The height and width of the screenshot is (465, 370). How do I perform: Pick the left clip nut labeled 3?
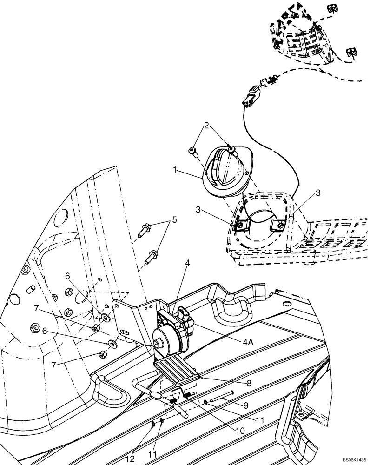click(x=241, y=225)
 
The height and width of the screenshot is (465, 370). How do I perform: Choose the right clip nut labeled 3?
click(x=278, y=225)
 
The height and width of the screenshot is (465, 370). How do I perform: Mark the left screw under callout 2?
click(x=193, y=151)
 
